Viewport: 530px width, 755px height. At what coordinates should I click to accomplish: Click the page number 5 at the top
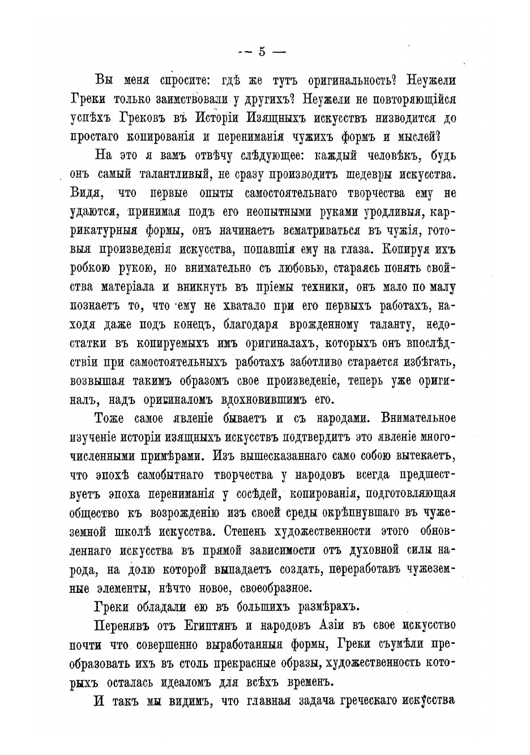(262, 52)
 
